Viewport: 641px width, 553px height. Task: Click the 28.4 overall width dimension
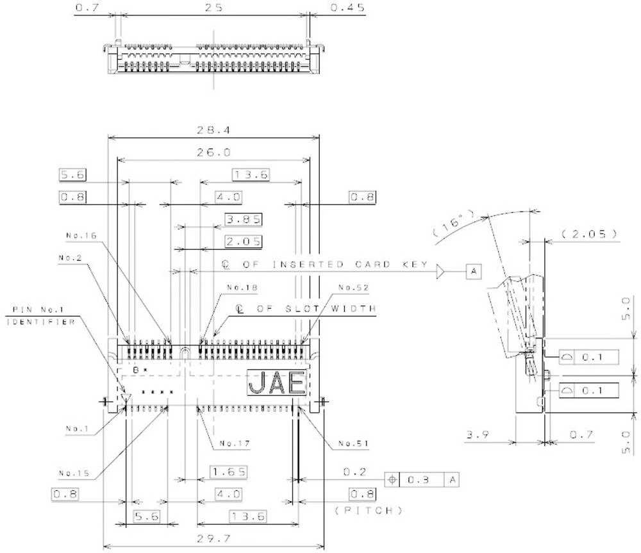point(215,130)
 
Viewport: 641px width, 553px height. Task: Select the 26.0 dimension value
point(215,153)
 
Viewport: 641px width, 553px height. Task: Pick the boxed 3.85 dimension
point(243,220)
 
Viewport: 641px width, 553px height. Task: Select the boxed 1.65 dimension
point(229,472)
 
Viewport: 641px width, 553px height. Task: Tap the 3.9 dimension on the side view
point(478,436)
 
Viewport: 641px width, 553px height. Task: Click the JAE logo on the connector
point(276,383)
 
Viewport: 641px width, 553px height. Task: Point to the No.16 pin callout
point(81,235)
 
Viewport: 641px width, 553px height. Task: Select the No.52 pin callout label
point(353,288)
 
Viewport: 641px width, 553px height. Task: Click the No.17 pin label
point(234,443)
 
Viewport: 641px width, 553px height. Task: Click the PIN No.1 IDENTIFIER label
point(40,316)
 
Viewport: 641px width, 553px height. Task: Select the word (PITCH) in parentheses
point(369,511)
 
